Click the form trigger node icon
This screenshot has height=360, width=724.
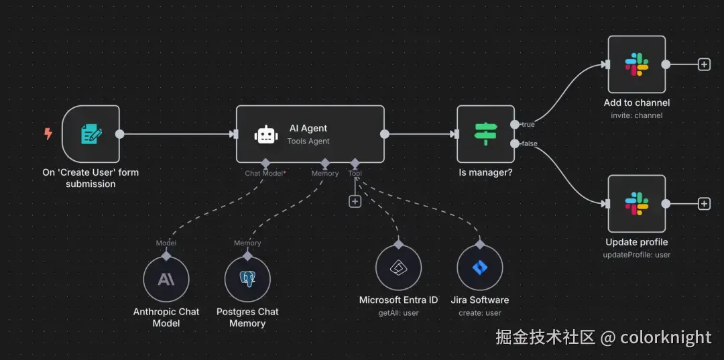(90, 133)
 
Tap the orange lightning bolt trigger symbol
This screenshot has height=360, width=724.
(48, 134)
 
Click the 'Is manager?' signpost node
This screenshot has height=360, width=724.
(485, 133)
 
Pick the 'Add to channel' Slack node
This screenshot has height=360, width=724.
(636, 64)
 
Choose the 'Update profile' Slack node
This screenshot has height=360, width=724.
(636, 204)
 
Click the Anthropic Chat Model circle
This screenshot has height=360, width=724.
(166, 279)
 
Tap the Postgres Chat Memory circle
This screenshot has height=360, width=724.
(247, 279)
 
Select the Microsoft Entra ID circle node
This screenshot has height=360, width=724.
(398, 267)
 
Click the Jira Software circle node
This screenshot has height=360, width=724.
(479, 267)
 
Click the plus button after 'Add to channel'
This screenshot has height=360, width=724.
(704, 64)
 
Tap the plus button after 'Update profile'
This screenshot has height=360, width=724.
(704, 204)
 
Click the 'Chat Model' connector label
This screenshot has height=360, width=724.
(264, 174)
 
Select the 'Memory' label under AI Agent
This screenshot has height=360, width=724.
(324, 174)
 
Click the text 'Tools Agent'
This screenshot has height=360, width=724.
(308, 141)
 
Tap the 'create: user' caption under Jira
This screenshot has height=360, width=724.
(479, 312)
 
